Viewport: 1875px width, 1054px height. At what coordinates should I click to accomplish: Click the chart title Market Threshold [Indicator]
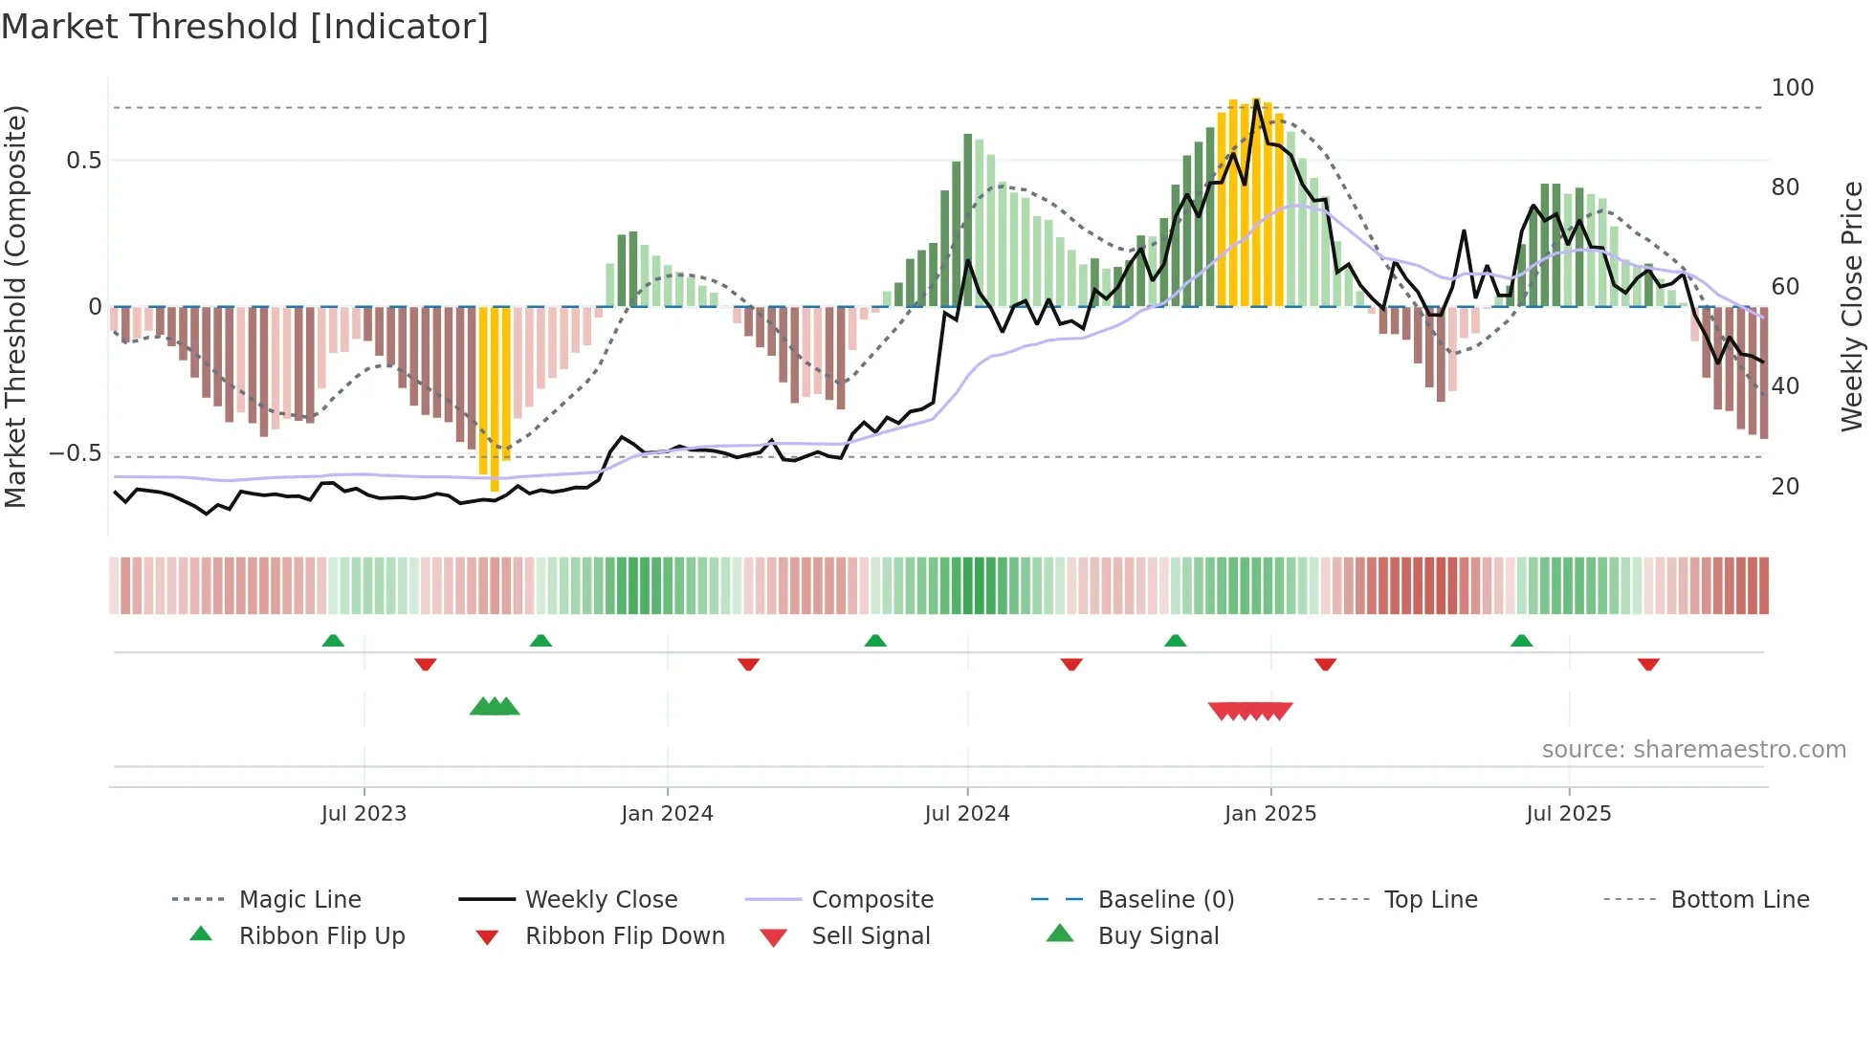(x=245, y=27)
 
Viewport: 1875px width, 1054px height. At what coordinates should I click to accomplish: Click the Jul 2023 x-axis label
(x=364, y=814)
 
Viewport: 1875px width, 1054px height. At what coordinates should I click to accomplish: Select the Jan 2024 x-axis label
(x=667, y=814)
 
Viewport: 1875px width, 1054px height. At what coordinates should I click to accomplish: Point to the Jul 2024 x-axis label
(x=967, y=814)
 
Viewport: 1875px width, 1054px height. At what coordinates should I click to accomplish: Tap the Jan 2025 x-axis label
(x=1270, y=814)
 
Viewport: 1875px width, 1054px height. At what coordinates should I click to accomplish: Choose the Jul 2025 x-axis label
(x=1569, y=814)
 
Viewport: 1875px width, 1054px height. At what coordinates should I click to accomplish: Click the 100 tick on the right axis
(x=1792, y=88)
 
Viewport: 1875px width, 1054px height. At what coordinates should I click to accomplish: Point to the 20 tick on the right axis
(x=1785, y=487)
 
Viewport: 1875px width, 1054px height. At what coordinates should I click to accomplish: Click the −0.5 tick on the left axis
(x=75, y=453)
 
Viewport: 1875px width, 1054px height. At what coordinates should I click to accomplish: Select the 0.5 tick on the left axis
(x=83, y=161)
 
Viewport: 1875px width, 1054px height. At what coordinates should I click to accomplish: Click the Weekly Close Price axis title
(x=1852, y=306)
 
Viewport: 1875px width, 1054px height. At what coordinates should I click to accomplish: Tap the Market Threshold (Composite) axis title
(x=15, y=306)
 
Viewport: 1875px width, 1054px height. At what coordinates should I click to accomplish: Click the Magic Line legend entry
(x=299, y=900)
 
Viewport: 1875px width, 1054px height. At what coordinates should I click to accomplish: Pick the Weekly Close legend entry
(x=601, y=900)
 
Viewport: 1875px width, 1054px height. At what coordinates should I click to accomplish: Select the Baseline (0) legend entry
(x=1165, y=900)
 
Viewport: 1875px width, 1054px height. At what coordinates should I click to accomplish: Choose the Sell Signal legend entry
(x=871, y=936)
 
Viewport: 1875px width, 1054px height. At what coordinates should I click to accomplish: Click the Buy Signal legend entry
(x=1158, y=936)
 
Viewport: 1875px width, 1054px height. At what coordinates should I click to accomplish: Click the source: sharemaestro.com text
(x=1693, y=750)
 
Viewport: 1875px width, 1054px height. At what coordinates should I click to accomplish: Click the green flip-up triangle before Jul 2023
(x=333, y=641)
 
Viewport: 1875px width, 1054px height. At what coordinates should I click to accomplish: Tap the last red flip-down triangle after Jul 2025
(x=1648, y=664)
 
